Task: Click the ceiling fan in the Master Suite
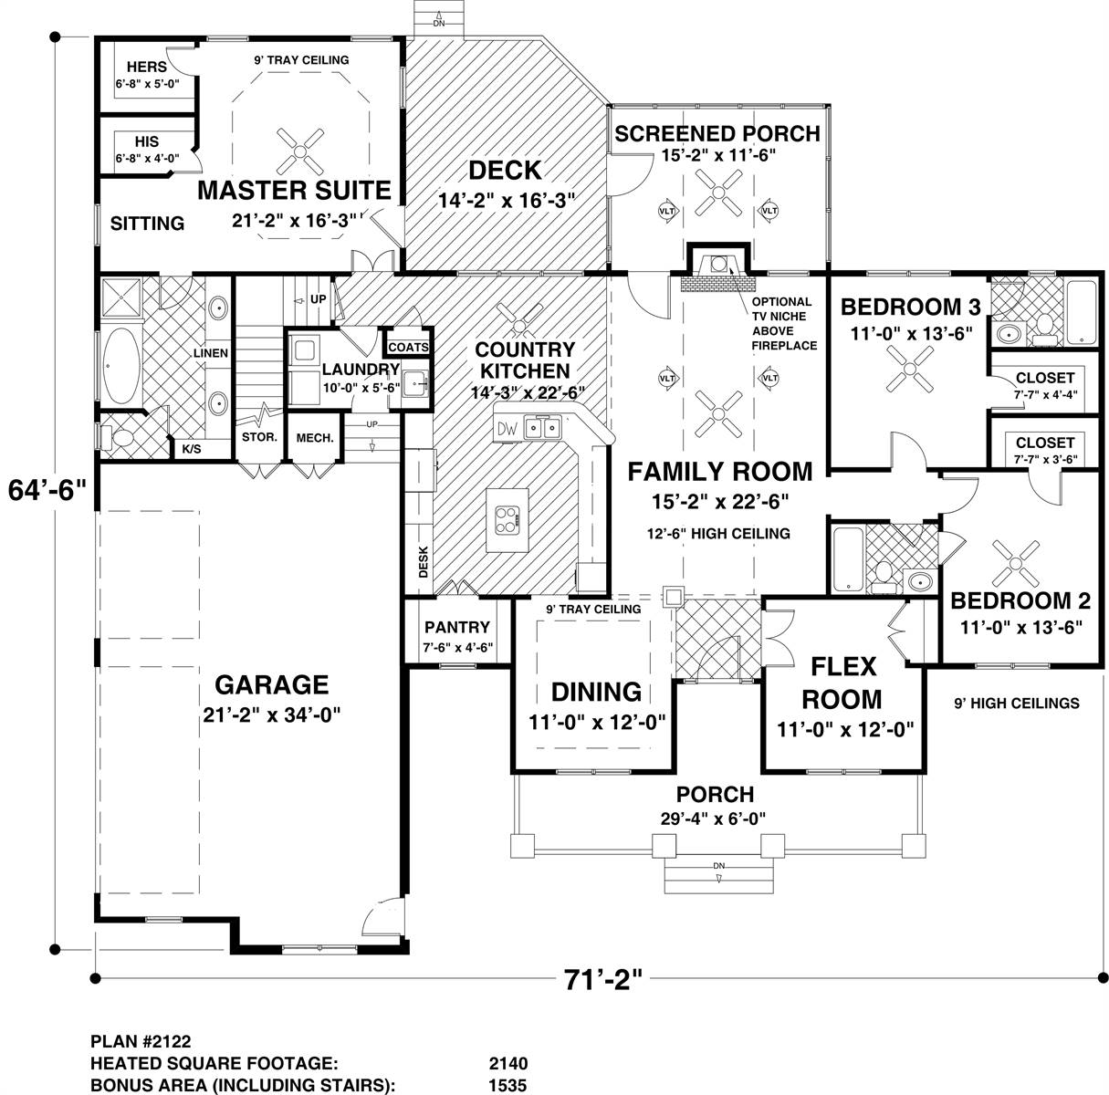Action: point(299,151)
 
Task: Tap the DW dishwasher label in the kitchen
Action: point(507,429)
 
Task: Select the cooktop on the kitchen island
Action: point(507,519)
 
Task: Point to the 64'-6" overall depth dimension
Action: point(47,491)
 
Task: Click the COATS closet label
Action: point(408,348)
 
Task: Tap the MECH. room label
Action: point(315,438)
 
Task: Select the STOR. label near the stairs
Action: point(259,437)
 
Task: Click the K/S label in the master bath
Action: point(192,449)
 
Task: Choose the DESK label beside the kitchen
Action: point(424,561)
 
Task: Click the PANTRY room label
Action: point(457,627)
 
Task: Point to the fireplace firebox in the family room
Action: point(718,265)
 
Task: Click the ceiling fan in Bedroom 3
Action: point(910,369)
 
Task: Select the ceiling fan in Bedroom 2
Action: point(1016,564)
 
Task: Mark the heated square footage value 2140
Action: point(508,1064)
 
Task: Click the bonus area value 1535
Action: point(507,1086)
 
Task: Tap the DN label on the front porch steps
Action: point(719,866)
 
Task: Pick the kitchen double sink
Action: point(543,428)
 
